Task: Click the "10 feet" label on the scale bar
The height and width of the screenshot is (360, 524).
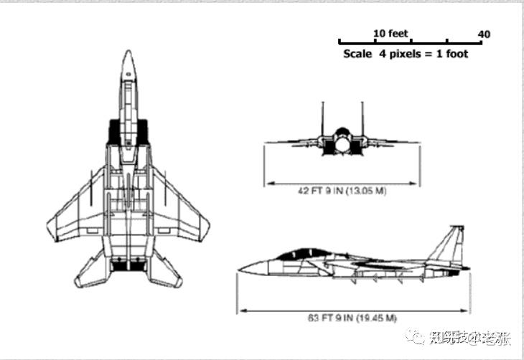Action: pyautogui.click(x=390, y=34)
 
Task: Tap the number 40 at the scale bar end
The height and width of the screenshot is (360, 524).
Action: pyautogui.click(x=484, y=34)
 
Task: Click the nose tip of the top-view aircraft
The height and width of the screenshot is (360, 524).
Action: pyautogui.click(x=128, y=52)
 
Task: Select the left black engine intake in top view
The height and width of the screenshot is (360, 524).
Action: pyautogui.click(x=113, y=131)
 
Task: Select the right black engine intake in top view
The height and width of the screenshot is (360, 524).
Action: pyautogui.click(x=142, y=131)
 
